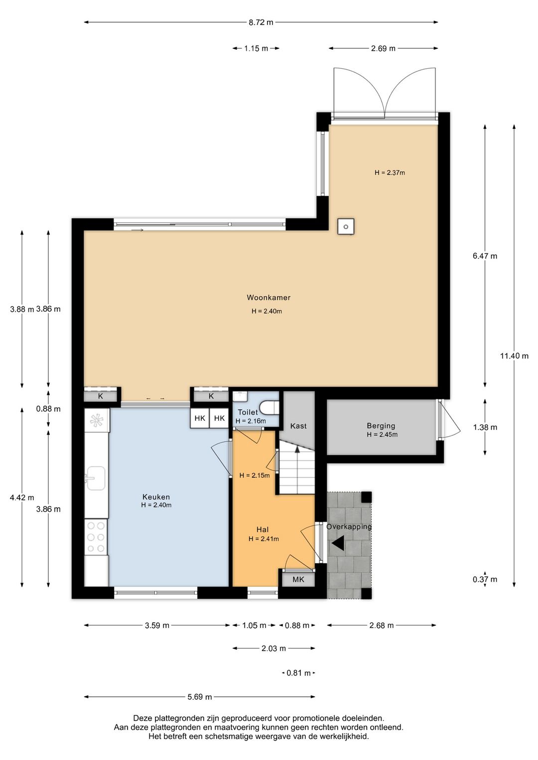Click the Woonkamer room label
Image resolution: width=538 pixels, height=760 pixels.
click(268, 297)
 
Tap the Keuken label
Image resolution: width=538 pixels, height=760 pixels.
click(156, 497)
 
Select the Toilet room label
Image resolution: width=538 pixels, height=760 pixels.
click(248, 412)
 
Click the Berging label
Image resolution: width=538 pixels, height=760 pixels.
click(381, 425)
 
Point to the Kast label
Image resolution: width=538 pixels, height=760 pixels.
click(298, 426)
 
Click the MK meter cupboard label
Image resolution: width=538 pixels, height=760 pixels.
click(298, 580)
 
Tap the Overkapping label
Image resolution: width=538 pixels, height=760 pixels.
click(349, 527)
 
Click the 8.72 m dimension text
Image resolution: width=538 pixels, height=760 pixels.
click(261, 22)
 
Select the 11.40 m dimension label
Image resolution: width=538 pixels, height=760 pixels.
click(514, 356)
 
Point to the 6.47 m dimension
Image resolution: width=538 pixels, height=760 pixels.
click(485, 256)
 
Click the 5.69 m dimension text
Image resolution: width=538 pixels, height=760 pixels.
click(200, 697)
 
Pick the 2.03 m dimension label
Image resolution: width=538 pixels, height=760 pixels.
click(273, 648)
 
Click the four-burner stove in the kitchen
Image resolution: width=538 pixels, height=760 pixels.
click(96, 537)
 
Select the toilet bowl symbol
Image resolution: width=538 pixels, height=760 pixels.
click(269, 407)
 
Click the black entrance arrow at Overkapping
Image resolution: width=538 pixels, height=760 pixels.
click(339, 543)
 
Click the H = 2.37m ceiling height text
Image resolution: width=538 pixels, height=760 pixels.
click(390, 173)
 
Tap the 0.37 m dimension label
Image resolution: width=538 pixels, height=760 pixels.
click(485, 580)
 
